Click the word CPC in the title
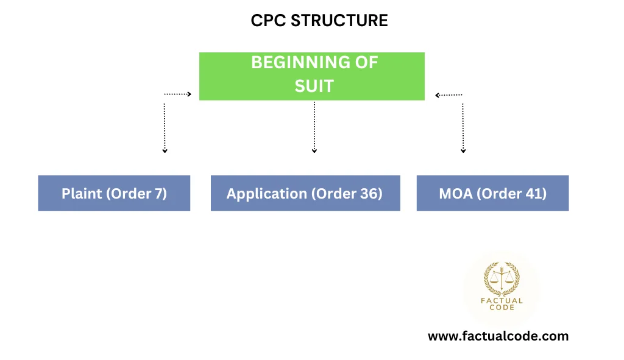coord(268,20)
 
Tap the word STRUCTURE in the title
coord(339,20)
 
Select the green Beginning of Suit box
coord(312,76)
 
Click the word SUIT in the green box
coord(314,86)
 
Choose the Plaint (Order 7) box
coord(114,193)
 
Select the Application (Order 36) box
coord(306,193)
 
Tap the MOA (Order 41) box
coord(492,193)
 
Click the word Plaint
coord(82,194)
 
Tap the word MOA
coord(456,194)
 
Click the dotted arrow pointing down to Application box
coord(314,127)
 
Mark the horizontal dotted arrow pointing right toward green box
coord(178,94)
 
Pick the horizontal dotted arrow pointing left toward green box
coord(449,95)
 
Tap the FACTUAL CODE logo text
coord(502,304)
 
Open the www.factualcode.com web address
coord(498,336)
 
